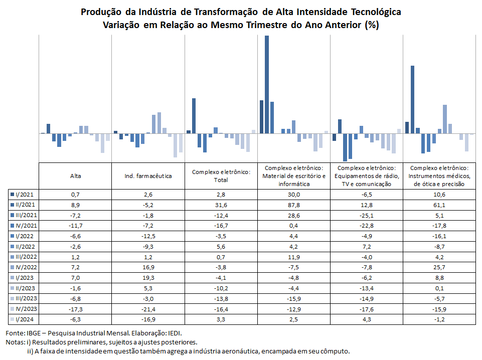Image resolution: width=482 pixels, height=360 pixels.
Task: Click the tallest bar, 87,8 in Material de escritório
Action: (266, 84)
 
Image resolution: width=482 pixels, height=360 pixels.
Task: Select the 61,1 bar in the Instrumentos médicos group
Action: (412, 99)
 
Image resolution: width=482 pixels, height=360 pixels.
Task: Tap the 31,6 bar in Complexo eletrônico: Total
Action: (194, 116)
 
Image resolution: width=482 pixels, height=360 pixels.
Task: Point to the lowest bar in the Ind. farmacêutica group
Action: (175, 145)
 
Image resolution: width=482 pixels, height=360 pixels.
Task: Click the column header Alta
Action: (76, 176)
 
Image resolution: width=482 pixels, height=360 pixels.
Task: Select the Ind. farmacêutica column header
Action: (148, 176)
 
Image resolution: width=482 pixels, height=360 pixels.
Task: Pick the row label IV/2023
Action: (26, 309)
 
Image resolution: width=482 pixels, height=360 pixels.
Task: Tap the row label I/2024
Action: (25, 319)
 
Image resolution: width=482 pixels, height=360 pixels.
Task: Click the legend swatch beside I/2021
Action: (13, 195)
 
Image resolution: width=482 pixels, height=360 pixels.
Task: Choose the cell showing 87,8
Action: (294, 205)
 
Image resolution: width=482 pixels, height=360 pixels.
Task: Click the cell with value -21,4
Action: (148, 309)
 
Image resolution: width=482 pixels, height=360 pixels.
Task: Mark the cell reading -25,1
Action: (367, 215)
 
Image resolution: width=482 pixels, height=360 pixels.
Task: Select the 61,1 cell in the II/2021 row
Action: (439, 205)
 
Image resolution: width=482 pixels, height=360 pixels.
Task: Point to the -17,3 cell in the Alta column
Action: (76, 309)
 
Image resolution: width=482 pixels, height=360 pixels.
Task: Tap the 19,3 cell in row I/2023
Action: (148, 278)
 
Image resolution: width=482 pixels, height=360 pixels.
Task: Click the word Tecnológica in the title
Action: (376, 12)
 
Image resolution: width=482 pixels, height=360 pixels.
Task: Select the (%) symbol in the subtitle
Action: (372, 25)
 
